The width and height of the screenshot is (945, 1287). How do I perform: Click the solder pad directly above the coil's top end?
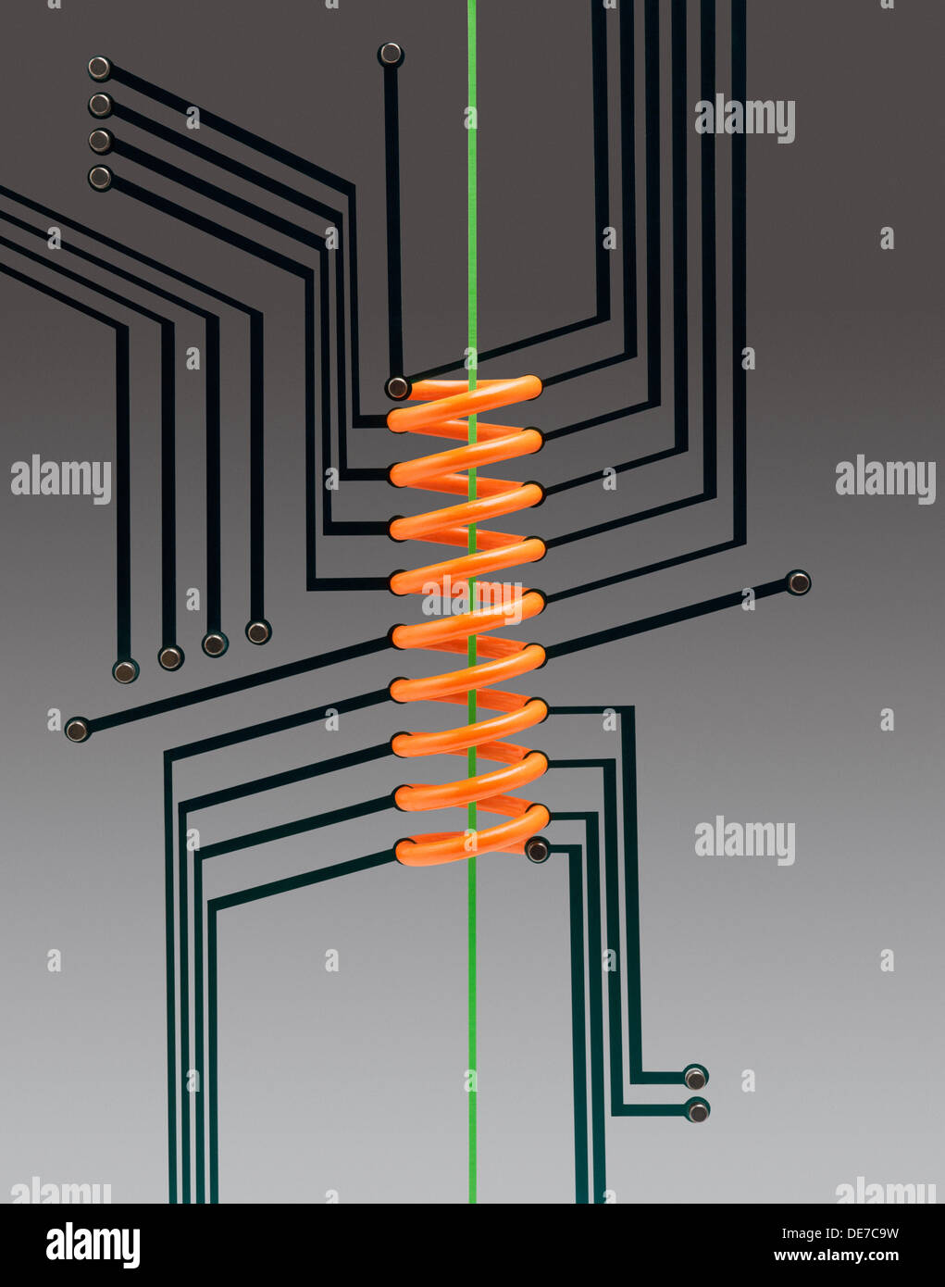coord(391,55)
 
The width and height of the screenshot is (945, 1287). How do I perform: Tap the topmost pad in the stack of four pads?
coord(100,69)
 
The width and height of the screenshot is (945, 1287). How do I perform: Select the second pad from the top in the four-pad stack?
coord(101,106)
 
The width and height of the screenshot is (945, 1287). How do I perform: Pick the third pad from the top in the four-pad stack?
coord(101,141)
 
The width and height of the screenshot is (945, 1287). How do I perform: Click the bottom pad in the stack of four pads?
coord(101,178)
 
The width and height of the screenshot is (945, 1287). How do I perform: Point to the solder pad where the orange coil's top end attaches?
coord(398,388)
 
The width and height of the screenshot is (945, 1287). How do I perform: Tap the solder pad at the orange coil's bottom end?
coord(537,850)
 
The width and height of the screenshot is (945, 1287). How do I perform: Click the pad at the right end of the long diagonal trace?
coord(798,582)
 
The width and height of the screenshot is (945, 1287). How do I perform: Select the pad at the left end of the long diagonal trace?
coord(78,730)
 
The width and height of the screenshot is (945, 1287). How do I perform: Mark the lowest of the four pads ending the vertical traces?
coord(125,671)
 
